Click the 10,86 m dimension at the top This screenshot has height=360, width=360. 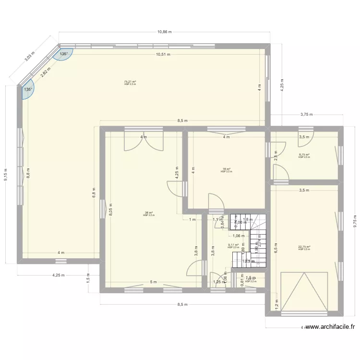pos(164,32)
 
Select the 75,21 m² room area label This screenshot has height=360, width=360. pos(130,82)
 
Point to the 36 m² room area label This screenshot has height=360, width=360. pos(149,213)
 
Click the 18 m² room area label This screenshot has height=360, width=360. pos(226,169)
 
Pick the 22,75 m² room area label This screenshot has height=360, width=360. pos(304,247)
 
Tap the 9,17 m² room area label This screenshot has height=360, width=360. pos(233,245)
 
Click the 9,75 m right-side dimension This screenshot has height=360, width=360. pos(355,221)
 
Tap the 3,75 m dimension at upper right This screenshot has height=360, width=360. pos(306,115)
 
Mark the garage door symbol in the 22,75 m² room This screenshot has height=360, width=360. pos(303,291)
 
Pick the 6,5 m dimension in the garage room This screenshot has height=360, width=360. pos(276,247)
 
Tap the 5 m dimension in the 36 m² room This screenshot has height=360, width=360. pos(153,282)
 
